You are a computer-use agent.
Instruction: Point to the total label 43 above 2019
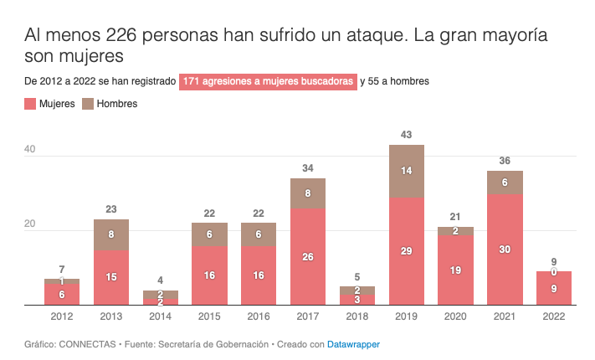point(407,135)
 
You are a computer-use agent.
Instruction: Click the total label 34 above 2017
point(308,168)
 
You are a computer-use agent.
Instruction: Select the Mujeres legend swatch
point(30,104)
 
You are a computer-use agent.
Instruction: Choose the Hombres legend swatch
point(88,104)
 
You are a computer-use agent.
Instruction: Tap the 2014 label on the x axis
point(161,316)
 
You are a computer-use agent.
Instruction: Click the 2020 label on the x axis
point(455,316)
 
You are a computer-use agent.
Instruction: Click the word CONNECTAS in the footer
point(81,344)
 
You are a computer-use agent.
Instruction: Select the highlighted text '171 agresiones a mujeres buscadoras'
point(268,81)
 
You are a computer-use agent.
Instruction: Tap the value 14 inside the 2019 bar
point(407,171)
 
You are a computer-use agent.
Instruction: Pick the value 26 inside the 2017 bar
point(308,257)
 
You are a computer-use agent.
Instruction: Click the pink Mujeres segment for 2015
point(210,275)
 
